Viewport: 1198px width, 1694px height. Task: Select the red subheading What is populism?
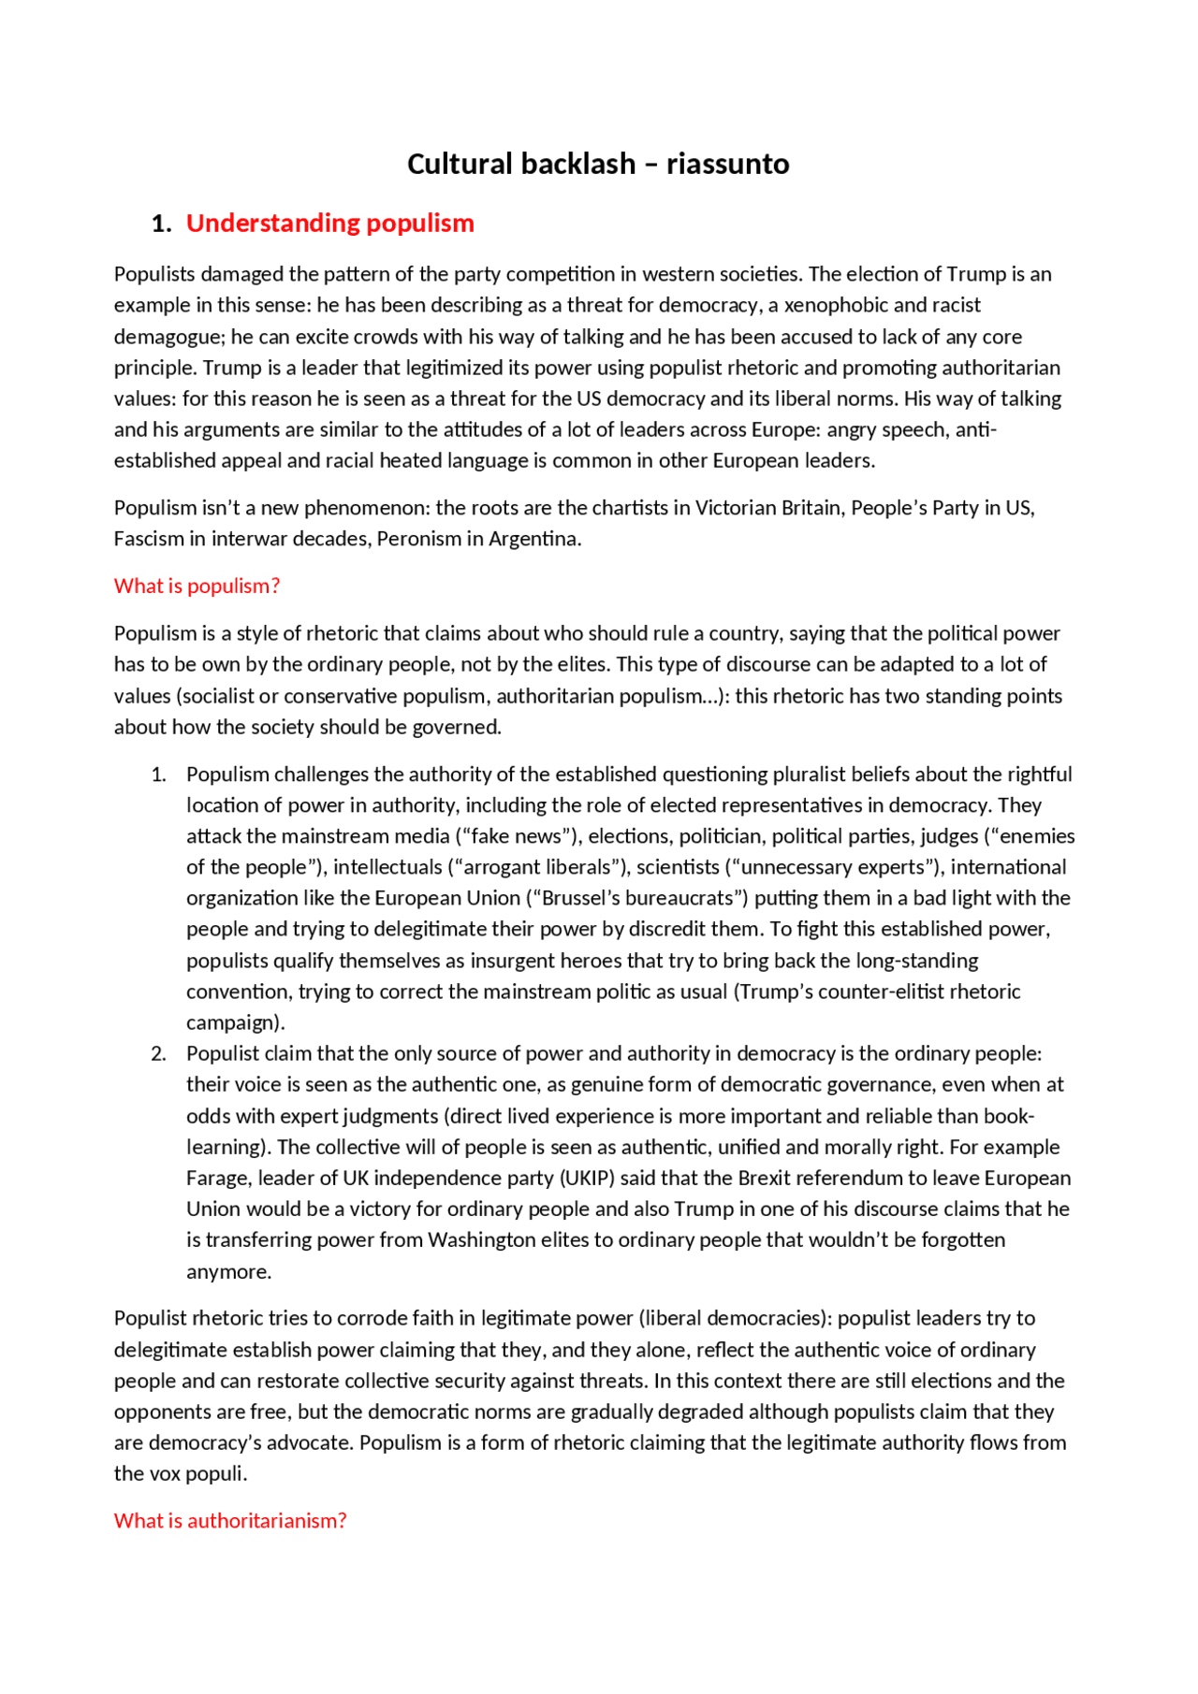point(197,586)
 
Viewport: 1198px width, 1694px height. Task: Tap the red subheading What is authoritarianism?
point(230,1521)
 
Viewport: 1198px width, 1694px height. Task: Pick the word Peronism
point(419,539)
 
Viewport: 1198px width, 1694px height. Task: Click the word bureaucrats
point(680,898)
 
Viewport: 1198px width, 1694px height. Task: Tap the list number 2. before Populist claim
point(158,1054)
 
